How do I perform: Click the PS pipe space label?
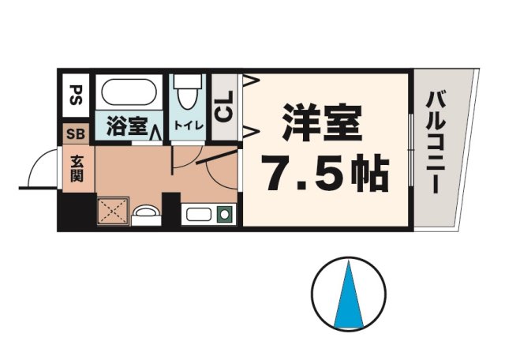(77, 96)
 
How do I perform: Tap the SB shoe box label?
(77, 133)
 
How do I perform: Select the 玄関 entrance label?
(77, 168)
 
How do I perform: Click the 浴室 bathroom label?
(127, 127)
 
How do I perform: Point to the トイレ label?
(187, 126)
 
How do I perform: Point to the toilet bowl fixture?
(186, 95)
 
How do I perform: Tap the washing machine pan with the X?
(111, 212)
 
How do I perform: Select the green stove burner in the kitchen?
(224, 213)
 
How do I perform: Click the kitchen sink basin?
(197, 213)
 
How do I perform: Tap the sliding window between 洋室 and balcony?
(411, 150)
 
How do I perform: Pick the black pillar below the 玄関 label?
(77, 210)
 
